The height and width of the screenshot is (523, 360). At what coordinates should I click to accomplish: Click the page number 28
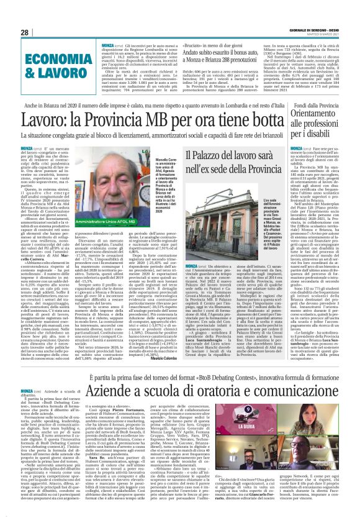coord(25,32)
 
